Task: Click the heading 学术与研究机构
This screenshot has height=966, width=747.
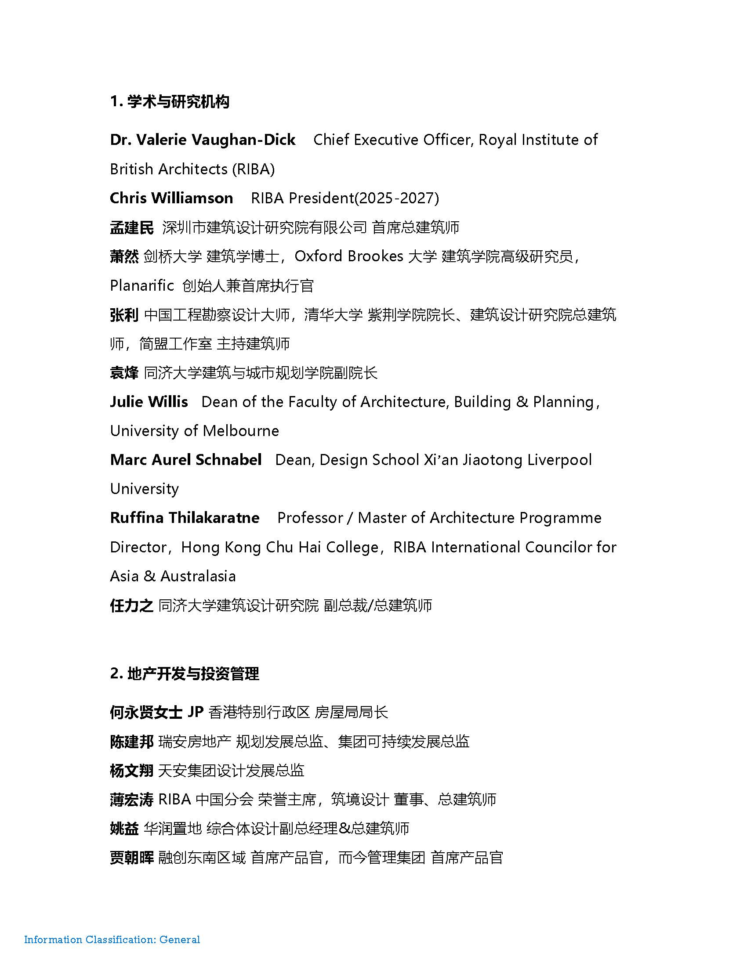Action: [178, 102]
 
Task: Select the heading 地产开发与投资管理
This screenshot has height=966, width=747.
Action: [193, 674]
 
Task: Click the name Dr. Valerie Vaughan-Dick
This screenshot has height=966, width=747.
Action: [203, 140]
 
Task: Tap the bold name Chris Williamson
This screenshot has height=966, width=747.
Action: [171, 198]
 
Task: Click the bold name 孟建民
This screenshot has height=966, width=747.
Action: [131, 227]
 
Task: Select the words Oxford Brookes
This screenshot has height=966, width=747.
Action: [349, 256]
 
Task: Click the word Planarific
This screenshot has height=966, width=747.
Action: [141, 286]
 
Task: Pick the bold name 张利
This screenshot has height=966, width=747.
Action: [124, 315]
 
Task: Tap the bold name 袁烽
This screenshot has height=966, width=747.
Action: [124, 373]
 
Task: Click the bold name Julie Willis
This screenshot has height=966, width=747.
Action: [149, 402]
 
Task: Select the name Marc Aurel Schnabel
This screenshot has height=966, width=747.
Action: [186, 460]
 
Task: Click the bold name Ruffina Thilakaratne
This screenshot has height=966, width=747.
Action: [185, 518]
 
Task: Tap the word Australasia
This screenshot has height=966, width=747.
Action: [198, 577]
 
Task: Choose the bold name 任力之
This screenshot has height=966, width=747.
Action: [131, 606]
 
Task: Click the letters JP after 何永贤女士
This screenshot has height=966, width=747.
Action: [195, 712]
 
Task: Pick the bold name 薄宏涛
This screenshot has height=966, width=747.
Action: [131, 800]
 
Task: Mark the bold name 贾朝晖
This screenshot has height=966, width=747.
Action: [131, 858]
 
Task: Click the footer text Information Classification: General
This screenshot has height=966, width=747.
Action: [112, 940]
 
